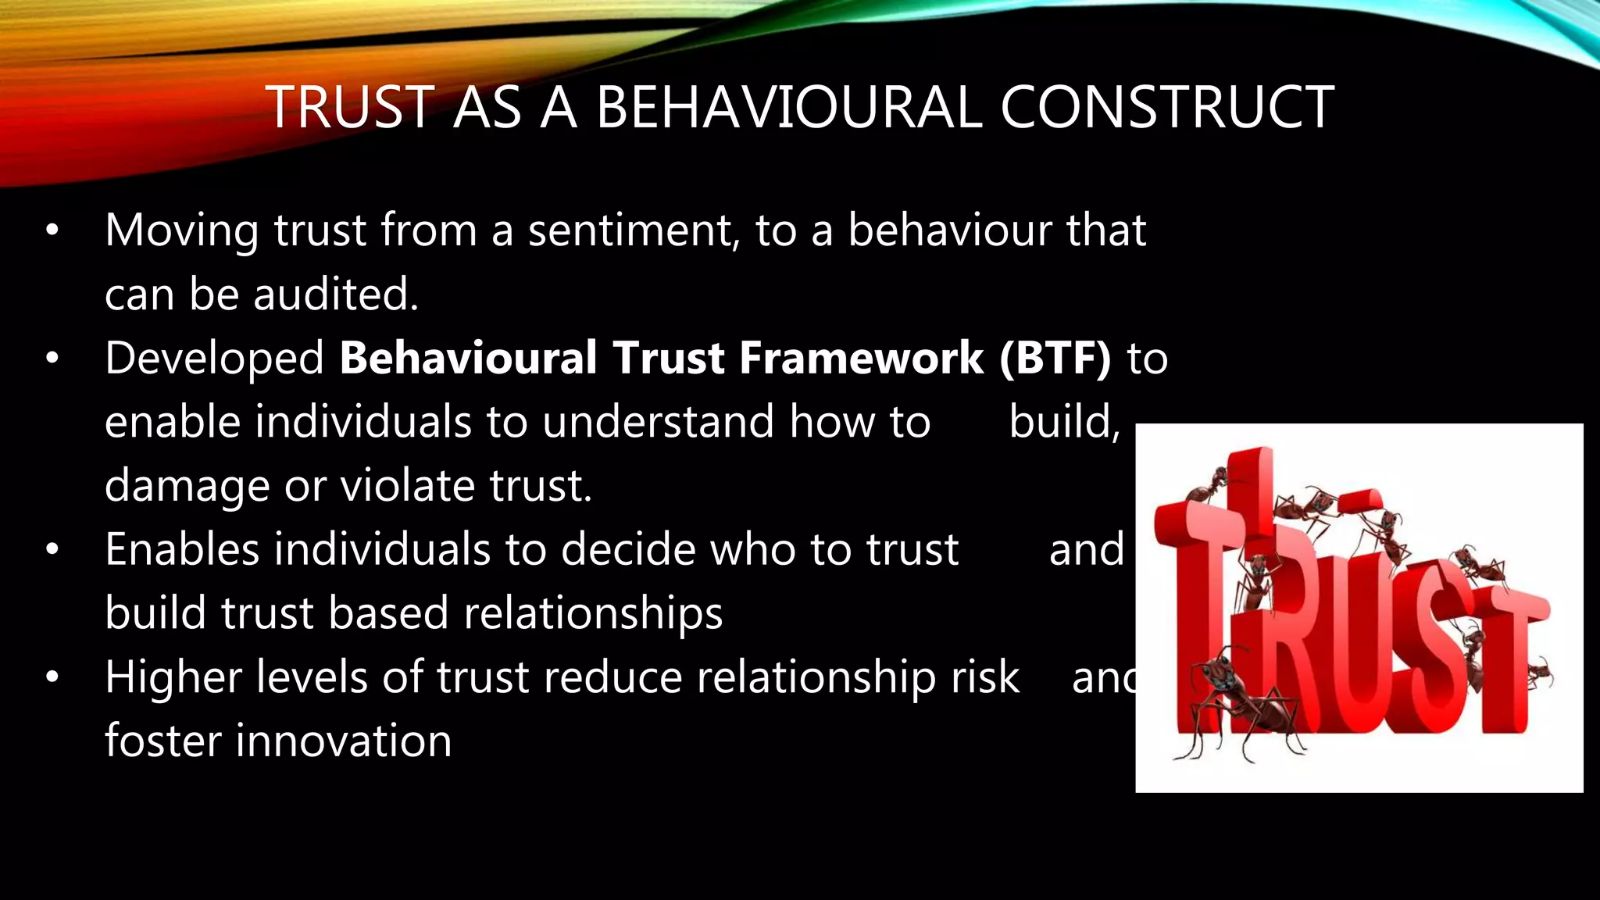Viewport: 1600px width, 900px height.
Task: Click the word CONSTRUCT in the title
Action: [1166, 107]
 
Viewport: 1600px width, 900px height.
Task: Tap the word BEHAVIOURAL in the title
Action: [788, 107]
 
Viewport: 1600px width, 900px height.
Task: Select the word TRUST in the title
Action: [350, 107]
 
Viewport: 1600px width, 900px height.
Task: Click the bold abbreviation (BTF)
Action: [1055, 359]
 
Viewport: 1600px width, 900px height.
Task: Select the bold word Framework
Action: [861, 359]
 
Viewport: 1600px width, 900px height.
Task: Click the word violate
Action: [407, 486]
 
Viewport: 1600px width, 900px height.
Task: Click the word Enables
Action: [182, 549]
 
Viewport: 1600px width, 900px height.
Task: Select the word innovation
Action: [344, 741]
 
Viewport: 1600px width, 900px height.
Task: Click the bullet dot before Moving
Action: [52, 231]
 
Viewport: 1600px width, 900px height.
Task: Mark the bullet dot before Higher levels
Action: [52, 677]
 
